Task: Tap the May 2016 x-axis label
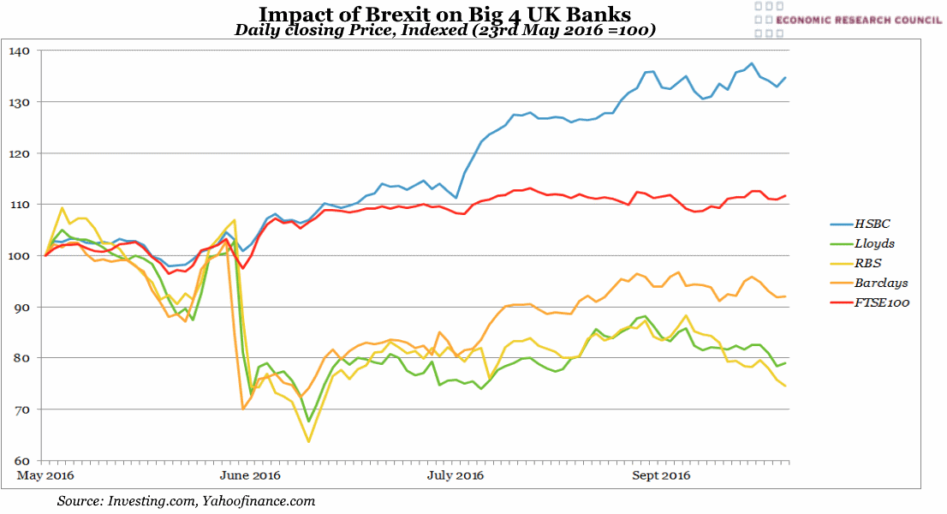pos(46,475)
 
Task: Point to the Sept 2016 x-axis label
pos(661,475)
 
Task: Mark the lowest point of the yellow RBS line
pos(308,441)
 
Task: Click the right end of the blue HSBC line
pos(786,78)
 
